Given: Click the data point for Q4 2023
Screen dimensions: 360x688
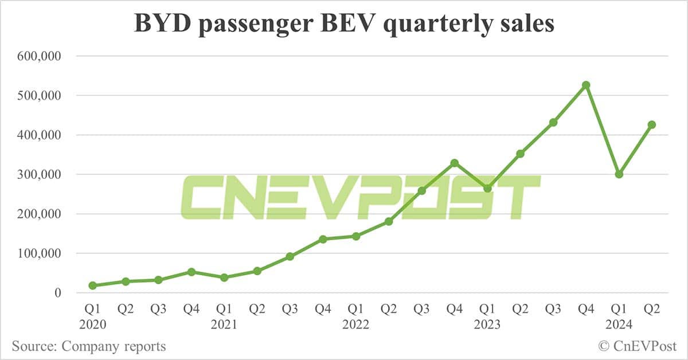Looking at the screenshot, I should pos(586,85).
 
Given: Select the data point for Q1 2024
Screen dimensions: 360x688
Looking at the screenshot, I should pos(619,174).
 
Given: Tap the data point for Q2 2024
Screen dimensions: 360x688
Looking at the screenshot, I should pos(651,124).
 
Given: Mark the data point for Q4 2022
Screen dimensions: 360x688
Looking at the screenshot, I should pos(454,163).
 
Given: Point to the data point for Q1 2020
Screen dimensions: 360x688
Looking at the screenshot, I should pos(92,285).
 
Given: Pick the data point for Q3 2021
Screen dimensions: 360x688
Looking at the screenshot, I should pos(290,256).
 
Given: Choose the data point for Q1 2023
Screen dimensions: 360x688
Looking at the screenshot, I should pos(487,188).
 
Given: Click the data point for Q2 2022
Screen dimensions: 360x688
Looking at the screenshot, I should pos(388,221).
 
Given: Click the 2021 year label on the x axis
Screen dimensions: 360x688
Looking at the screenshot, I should pos(224,324).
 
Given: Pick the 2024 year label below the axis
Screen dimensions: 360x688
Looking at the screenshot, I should pos(619,324).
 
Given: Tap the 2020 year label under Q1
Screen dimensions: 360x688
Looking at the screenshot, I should pos(92,324).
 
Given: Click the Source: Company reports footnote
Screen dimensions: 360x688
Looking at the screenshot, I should pos(88,346).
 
